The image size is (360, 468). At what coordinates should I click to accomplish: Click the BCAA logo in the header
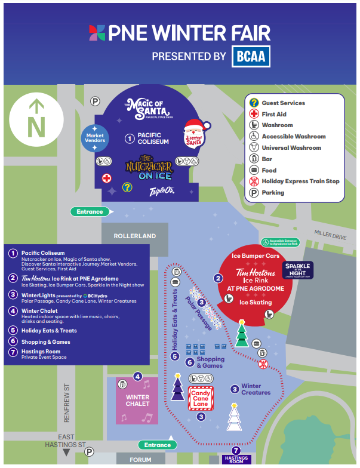coord(251,57)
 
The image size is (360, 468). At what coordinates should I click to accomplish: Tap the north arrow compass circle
coord(37,120)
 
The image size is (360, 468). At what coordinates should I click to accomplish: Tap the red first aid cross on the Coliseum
coord(106,178)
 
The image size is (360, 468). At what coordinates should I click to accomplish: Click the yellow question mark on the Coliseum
coord(127,187)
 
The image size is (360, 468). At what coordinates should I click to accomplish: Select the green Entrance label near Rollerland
coord(90,211)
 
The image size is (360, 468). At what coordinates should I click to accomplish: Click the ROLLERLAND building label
coord(135,236)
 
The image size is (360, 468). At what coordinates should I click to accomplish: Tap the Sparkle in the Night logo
coord(298,269)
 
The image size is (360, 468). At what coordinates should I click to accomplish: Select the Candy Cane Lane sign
coord(201,398)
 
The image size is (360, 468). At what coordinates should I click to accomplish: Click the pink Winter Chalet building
coord(137,400)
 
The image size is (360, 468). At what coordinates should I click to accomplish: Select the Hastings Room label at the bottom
coord(235,460)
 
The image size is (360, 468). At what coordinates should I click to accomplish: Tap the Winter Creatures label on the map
coord(256,389)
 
